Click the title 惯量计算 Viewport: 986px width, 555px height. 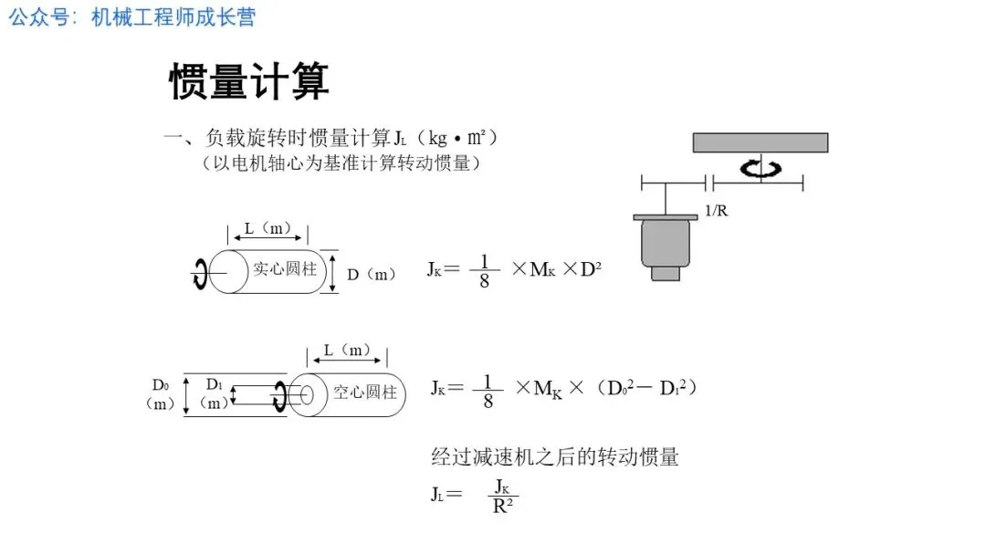click(x=248, y=82)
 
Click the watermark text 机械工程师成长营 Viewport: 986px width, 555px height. click(x=173, y=17)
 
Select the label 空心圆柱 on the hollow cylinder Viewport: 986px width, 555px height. click(x=364, y=393)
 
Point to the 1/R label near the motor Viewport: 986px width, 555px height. click(x=717, y=211)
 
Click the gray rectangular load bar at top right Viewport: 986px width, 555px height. click(x=760, y=142)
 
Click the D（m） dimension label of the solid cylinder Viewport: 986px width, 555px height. click(x=372, y=274)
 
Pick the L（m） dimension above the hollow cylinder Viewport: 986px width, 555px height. click(x=346, y=351)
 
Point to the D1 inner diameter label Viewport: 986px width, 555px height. click(x=214, y=384)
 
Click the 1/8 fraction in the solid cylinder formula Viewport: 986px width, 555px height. click(x=484, y=271)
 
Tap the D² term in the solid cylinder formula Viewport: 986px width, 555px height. click(x=591, y=269)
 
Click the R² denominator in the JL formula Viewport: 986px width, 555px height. click(x=503, y=506)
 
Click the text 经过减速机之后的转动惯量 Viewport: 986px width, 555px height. click(x=554, y=456)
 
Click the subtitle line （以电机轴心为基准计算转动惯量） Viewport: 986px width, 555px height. click(x=341, y=163)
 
